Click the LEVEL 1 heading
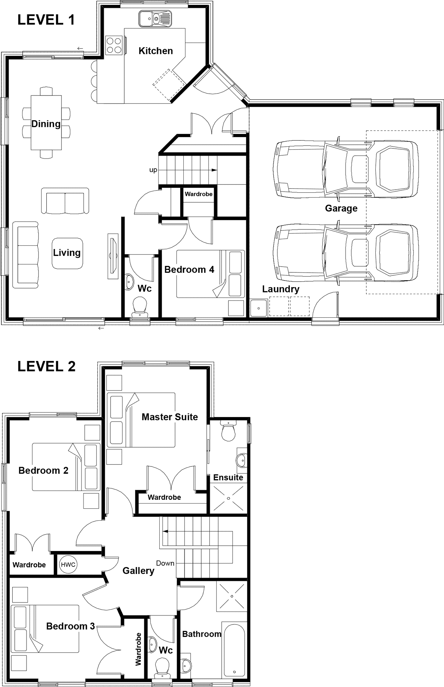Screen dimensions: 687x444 pos(46,20)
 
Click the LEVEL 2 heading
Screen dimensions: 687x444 pos(46,367)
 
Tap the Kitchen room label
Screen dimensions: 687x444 pos(156,51)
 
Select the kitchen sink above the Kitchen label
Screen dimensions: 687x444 pos(155,18)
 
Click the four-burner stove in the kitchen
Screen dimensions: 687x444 pos(114,45)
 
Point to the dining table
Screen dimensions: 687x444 pos(46,123)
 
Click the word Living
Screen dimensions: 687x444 pos(67,253)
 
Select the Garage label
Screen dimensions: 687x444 pos(341,209)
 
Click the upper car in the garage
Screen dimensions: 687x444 pos(345,169)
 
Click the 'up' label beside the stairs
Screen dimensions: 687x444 pos(153,170)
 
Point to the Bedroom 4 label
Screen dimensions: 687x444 pos(189,270)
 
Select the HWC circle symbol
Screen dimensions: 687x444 pos(67,564)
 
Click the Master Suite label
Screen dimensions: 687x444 pos(170,417)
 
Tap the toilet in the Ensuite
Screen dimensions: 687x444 pos(228,431)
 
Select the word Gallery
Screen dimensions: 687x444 pos(138,571)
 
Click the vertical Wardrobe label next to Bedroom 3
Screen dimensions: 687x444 pos(138,649)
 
